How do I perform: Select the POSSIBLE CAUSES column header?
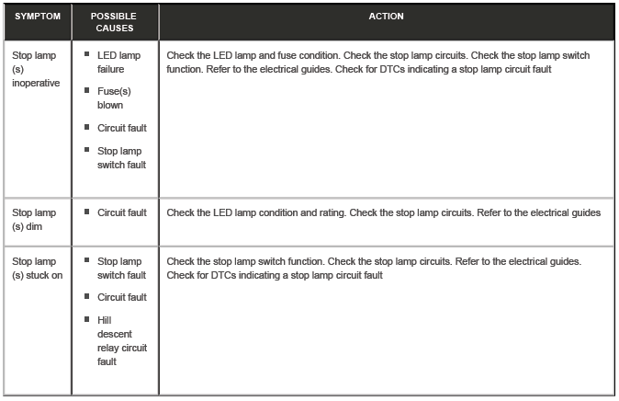(115, 23)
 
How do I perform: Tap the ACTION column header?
(387, 17)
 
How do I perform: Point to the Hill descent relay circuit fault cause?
(121, 340)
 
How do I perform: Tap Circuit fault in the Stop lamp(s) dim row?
(121, 212)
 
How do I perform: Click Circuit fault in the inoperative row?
(121, 128)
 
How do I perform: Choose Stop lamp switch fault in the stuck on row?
(121, 268)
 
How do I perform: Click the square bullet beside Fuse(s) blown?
(86, 92)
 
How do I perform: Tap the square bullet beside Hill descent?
(86, 319)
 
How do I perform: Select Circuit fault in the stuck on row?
(121, 297)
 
